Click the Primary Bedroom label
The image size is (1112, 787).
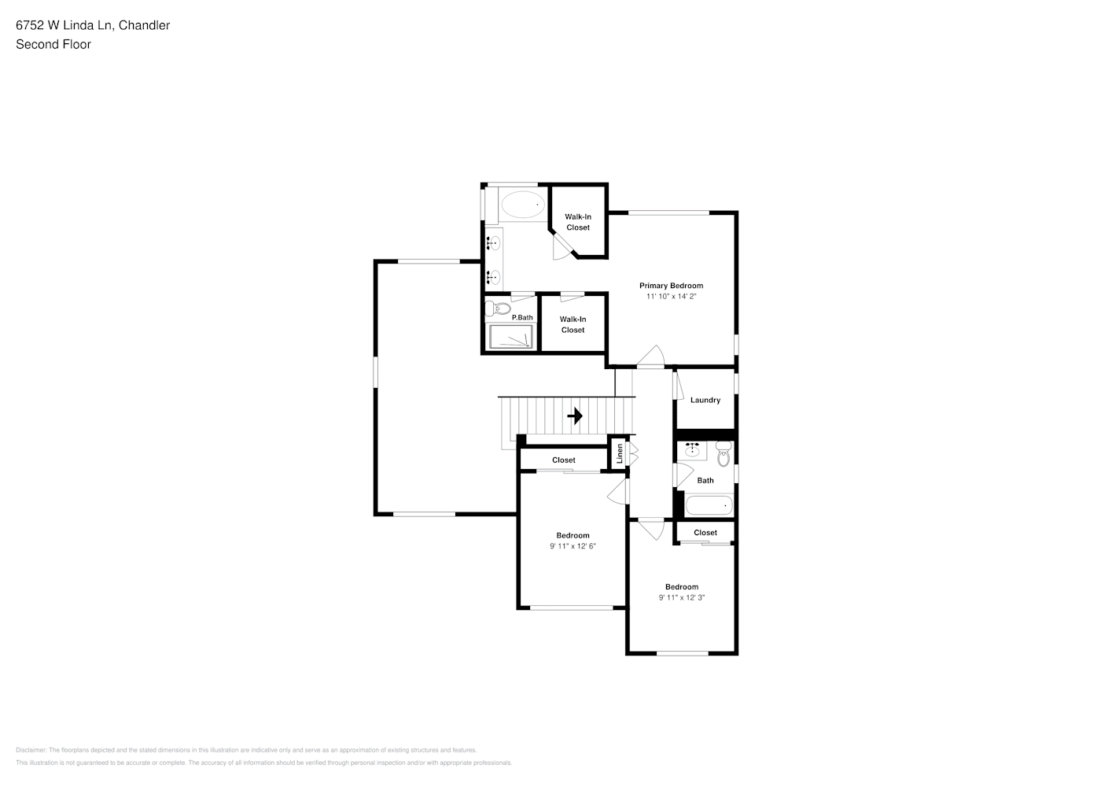click(671, 286)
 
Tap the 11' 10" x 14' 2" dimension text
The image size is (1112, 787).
click(671, 297)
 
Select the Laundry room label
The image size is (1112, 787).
click(705, 400)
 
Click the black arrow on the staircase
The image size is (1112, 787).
click(575, 416)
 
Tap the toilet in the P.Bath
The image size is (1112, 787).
click(496, 308)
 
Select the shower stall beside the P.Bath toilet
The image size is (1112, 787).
click(511, 337)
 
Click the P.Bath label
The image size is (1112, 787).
click(522, 318)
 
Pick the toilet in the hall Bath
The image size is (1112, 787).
click(724, 453)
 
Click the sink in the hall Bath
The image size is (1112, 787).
click(692, 450)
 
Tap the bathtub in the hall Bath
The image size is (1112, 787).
click(709, 505)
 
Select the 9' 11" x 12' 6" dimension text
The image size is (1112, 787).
click(573, 546)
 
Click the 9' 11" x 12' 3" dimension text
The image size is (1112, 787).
click(681, 597)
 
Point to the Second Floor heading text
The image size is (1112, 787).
click(53, 44)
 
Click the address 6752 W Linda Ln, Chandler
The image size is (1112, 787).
click(93, 25)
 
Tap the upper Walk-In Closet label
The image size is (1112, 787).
click(578, 222)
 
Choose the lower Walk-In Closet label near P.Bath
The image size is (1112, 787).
click(573, 324)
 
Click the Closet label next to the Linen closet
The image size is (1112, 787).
click(563, 460)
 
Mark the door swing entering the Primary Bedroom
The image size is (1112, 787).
click(650, 357)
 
